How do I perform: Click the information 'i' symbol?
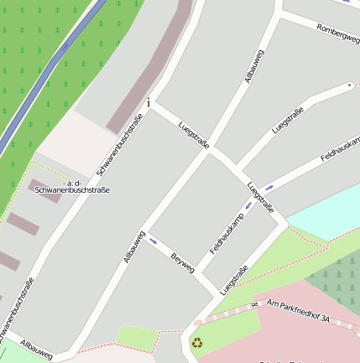point(149,103)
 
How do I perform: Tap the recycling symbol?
point(197,342)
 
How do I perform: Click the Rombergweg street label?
point(337,34)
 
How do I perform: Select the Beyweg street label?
point(182,262)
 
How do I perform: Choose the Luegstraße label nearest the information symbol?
point(194,133)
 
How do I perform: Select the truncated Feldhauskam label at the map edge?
point(340,148)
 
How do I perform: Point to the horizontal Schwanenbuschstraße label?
point(72,190)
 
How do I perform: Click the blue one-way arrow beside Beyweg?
point(153,241)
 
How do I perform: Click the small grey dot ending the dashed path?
point(350,85)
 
